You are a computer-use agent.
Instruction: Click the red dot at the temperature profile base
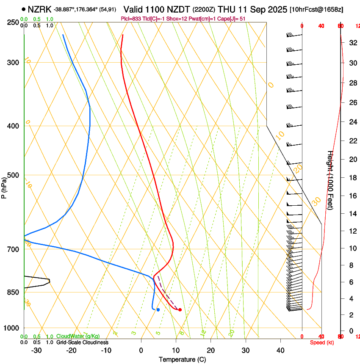(x=180, y=310)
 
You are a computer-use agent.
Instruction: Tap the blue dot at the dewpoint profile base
(x=158, y=310)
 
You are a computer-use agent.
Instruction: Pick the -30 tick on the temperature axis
(x=36, y=350)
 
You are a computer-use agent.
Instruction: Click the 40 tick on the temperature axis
(x=280, y=350)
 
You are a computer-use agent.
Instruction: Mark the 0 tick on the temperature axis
(x=141, y=350)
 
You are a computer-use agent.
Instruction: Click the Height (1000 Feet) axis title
(x=330, y=180)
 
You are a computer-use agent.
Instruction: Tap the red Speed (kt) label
(x=321, y=342)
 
